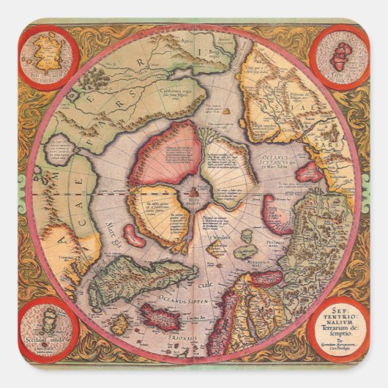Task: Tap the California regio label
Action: [175, 92]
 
